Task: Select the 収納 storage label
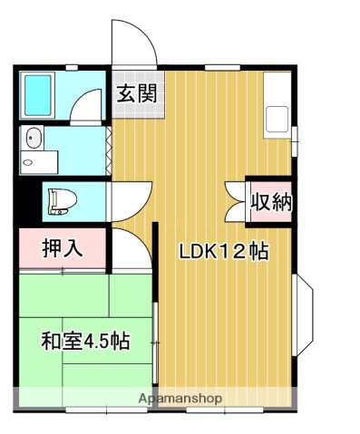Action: pos(271,202)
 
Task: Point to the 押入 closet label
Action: pos(63,248)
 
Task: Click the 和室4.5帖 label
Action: pos(84,342)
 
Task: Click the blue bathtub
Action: pos(38,94)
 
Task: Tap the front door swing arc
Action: pos(131,41)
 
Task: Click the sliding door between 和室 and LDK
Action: pos(155,340)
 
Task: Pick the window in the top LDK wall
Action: pos(222,67)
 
